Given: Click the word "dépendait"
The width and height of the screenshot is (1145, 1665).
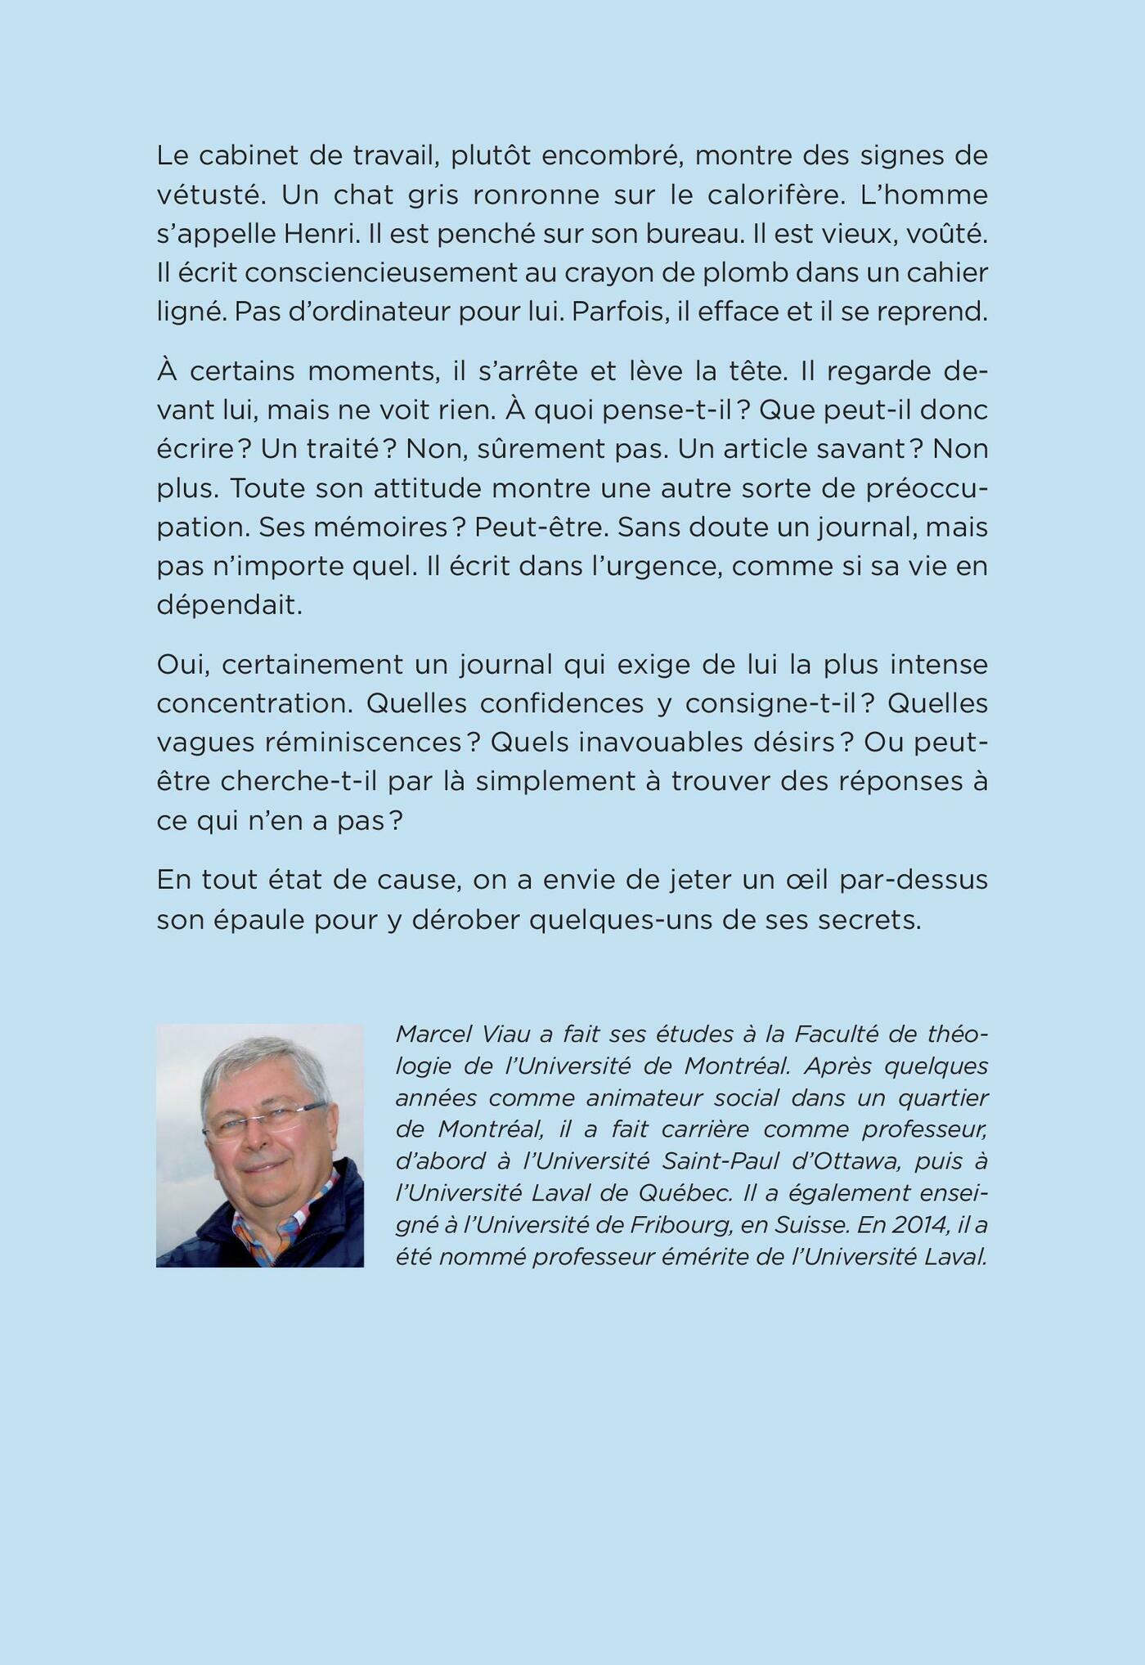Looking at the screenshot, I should tap(229, 606).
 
